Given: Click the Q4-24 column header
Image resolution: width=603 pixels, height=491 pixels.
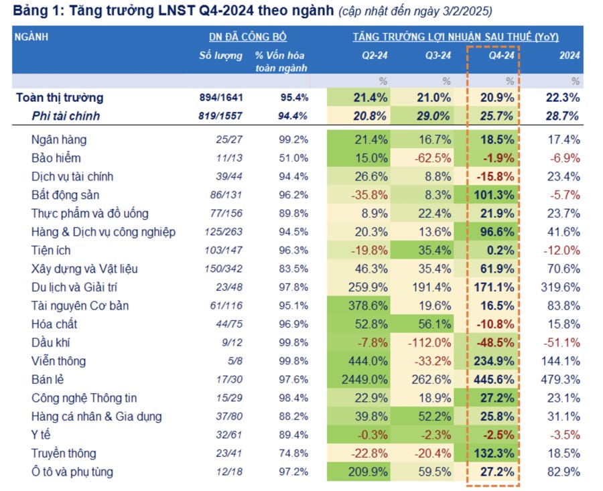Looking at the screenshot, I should pyautogui.click(x=500, y=56).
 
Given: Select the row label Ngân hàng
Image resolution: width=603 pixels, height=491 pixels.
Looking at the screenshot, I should pyautogui.click(x=58, y=140).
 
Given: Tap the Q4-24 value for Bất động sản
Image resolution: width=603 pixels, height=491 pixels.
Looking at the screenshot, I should pyautogui.click(x=496, y=196).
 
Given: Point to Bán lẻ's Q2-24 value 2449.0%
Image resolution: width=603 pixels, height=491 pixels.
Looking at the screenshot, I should pyautogui.click(x=364, y=380).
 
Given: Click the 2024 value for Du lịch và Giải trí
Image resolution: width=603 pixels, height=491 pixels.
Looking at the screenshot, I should pyautogui.click(x=559, y=287).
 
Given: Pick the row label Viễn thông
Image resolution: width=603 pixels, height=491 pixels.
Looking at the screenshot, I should pyautogui.click(x=58, y=361).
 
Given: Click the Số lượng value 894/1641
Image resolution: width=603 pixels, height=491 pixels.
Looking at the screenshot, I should pyautogui.click(x=221, y=98).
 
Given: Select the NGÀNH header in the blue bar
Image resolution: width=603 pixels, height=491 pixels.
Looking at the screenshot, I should pyautogui.click(x=31, y=37).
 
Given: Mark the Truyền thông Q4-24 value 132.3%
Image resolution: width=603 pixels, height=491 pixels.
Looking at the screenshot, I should pyautogui.click(x=496, y=453).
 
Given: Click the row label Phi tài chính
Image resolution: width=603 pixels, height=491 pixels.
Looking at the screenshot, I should pyautogui.click(x=66, y=116).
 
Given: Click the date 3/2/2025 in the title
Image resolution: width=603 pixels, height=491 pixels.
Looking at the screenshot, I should pyautogui.click(x=467, y=11).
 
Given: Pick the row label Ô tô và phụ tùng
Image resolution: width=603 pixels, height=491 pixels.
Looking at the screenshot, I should pyautogui.click(x=72, y=472).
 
